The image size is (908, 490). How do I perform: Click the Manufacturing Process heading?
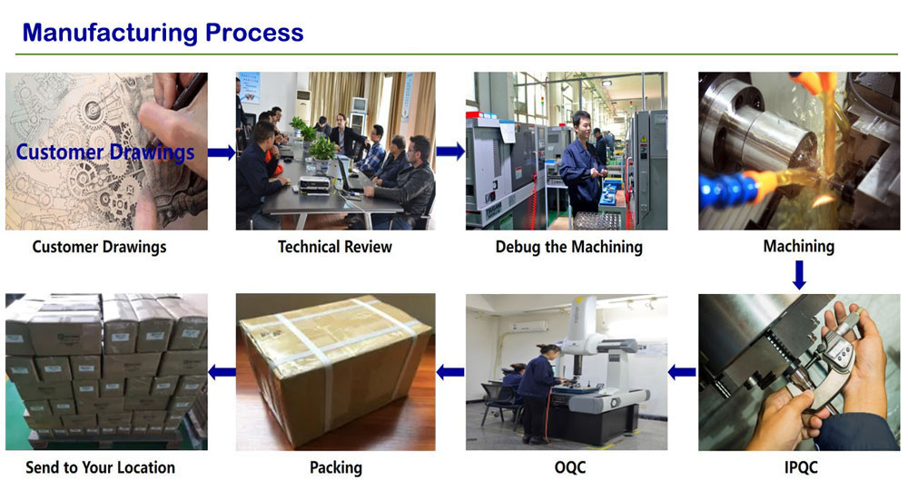pos(163,33)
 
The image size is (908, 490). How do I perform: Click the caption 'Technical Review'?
pos(335,247)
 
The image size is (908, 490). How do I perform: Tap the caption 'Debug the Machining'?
pos(568,247)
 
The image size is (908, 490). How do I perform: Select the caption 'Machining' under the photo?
pos(798,246)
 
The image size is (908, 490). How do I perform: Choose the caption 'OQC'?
pos(569,468)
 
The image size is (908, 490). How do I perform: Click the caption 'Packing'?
pos(336,468)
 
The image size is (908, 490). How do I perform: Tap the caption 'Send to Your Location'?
pos(101,468)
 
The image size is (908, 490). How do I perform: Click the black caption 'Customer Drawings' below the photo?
pos(100,247)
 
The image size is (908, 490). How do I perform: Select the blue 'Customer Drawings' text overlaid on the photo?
pos(105,152)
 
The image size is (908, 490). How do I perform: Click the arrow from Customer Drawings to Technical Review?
pos(221,152)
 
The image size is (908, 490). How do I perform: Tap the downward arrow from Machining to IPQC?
pos(799,274)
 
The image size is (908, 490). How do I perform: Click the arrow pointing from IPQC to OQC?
pos(682,371)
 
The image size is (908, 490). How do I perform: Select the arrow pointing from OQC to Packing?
pos(449,371)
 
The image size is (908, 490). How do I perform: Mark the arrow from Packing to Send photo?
pos(222,371)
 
